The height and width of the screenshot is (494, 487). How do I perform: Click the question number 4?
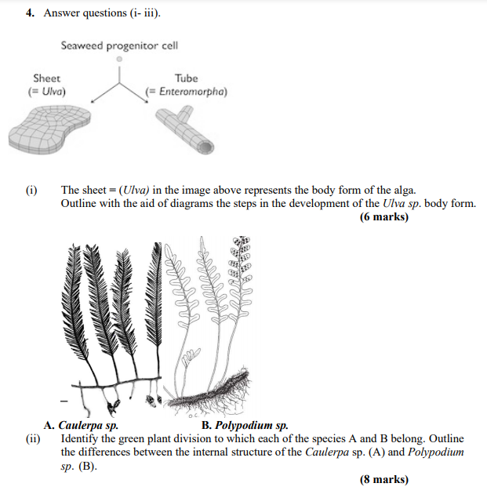click(x=29, y=13)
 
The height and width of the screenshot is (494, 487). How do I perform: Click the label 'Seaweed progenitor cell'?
click(x=119, y=45)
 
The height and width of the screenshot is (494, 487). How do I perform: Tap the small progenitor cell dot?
click(x=119, y=59)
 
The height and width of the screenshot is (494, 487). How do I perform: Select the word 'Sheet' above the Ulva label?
click(x=46, y=78)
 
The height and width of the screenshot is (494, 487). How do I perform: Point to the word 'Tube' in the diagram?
click(x=187, y=78)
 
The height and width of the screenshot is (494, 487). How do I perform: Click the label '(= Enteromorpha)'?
click(x=187, y=92)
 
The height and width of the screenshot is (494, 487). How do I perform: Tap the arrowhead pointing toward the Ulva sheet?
click(x=93, y=100)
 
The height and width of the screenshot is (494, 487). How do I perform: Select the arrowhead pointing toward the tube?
click(x=147, y=101)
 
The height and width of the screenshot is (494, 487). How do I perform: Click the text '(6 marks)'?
click(x=384, y=217)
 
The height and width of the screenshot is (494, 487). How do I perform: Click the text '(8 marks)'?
click(x=384, y=479)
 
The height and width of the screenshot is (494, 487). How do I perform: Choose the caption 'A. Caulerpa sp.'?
click(x=82, y=426)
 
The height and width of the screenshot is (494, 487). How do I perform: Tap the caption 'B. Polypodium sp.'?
click(x=245, y=426)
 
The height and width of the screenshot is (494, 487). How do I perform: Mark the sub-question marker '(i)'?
click(x=31, y=190)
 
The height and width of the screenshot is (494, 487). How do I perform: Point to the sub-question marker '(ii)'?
click(x=32, y=438)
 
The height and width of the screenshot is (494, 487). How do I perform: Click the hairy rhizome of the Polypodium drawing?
click(x=227, y=387)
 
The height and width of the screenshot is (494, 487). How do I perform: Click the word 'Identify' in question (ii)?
click(x=81, y=438)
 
